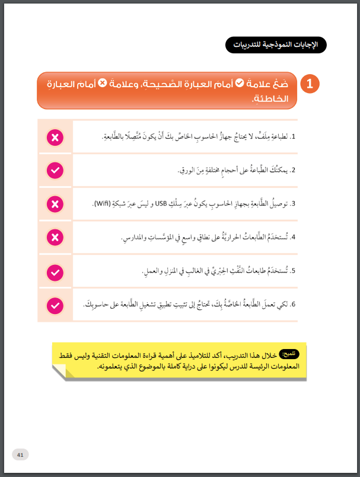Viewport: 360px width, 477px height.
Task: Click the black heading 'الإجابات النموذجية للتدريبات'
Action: pyautogui.click(x=276, y=45)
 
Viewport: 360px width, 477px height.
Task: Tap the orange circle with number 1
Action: pyautogui.click(x=310, y=84)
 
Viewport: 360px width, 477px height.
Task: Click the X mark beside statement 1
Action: pyautogui.click(x=55, y=137)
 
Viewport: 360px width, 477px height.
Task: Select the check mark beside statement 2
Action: pyautogui.click(x=55, y=171)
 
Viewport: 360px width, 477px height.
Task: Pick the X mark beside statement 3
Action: pyautogui.click(x=55, y=204)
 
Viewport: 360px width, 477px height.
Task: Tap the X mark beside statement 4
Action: pyautogui.click(x=55, y=238)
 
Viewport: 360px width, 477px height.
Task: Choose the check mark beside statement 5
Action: pyautogui.click(x=55, y=272)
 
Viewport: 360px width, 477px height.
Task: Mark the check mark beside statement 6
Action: pyautogui.click(x=55, y=305)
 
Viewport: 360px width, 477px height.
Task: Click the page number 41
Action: pyautogui.click(x=20, y=454)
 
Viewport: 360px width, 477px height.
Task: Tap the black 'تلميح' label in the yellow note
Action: pyautogui.click(x=291, y=354)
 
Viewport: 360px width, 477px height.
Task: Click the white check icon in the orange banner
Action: pyautogui.click(x=240, y=84)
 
